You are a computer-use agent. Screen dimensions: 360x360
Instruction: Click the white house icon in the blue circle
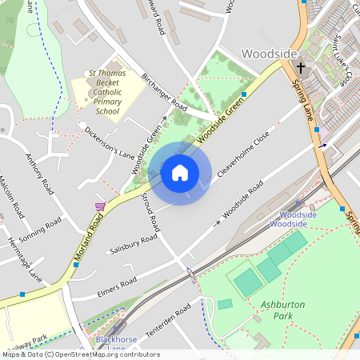[x=180, y=173]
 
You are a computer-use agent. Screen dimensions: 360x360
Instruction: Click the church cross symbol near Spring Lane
[x=302, y=69]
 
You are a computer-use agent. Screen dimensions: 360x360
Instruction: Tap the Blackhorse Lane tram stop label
[x=111, y=343]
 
